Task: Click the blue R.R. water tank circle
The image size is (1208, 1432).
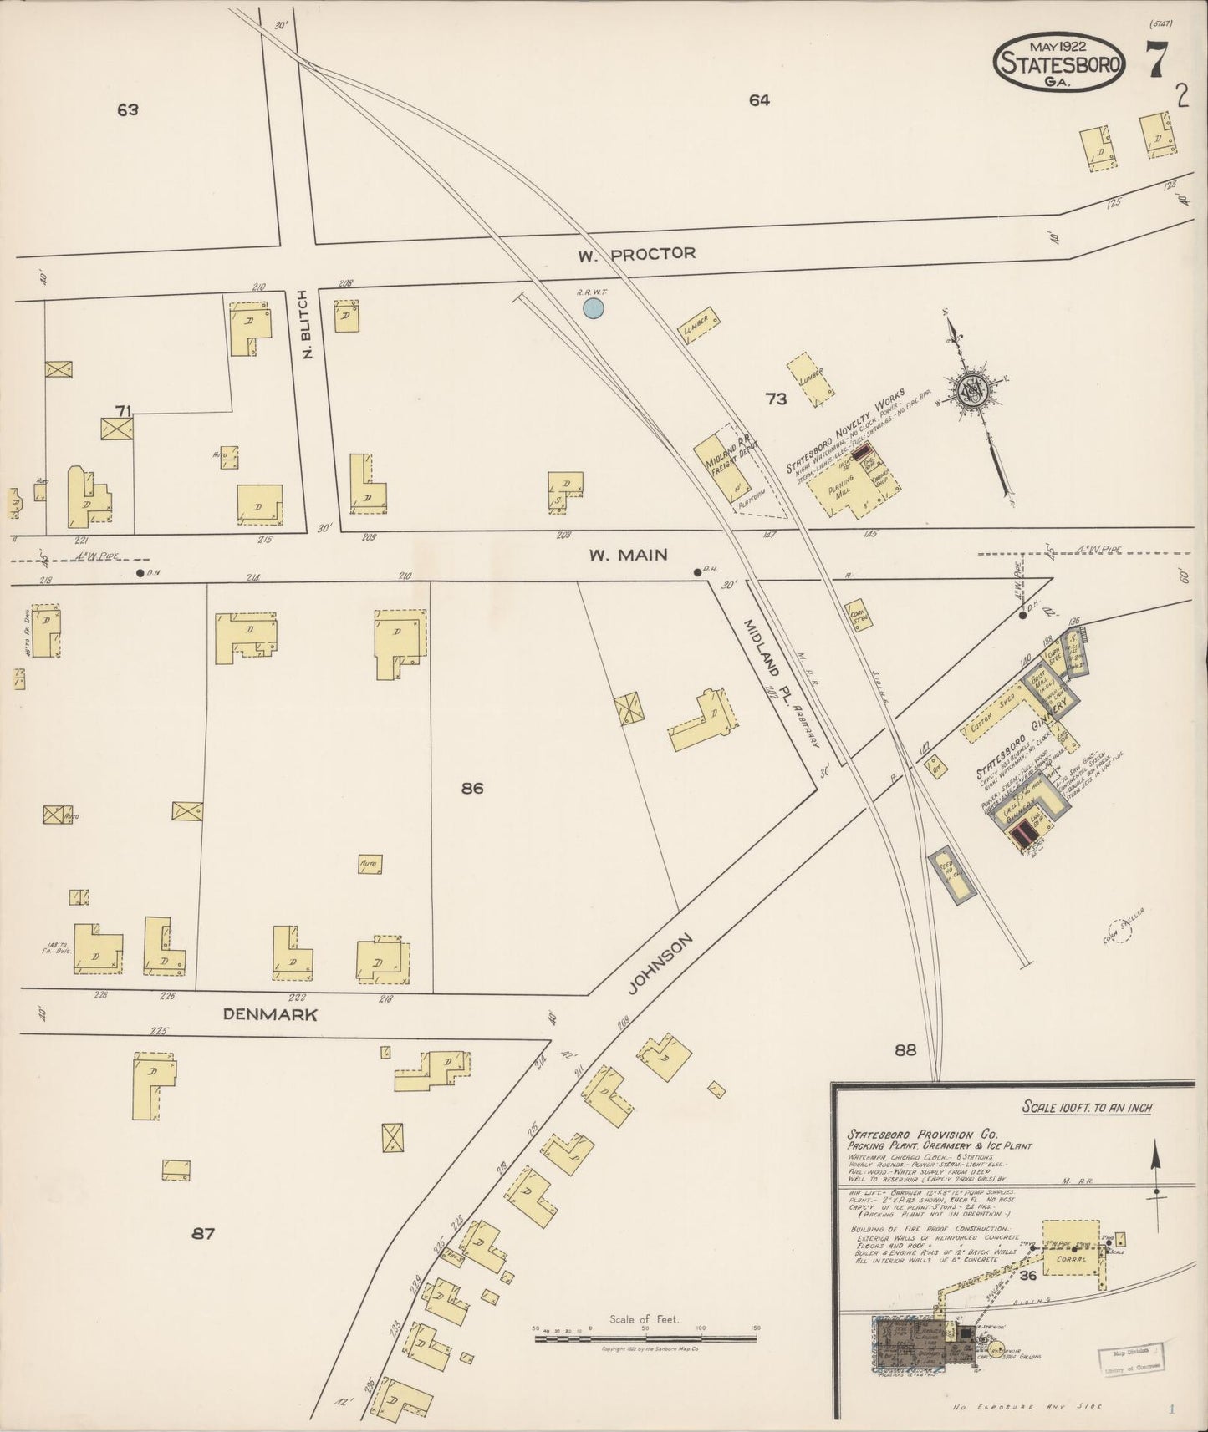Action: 593,309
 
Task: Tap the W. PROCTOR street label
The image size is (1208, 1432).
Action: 637,253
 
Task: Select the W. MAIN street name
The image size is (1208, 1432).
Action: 628,554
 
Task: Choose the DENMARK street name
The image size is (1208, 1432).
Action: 270,1014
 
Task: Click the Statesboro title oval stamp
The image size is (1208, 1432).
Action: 1059,62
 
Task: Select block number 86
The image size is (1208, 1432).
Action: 472,788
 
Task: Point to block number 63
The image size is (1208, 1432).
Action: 127,109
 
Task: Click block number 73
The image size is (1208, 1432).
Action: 777,399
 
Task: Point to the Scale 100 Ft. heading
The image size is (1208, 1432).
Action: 1087,1108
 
